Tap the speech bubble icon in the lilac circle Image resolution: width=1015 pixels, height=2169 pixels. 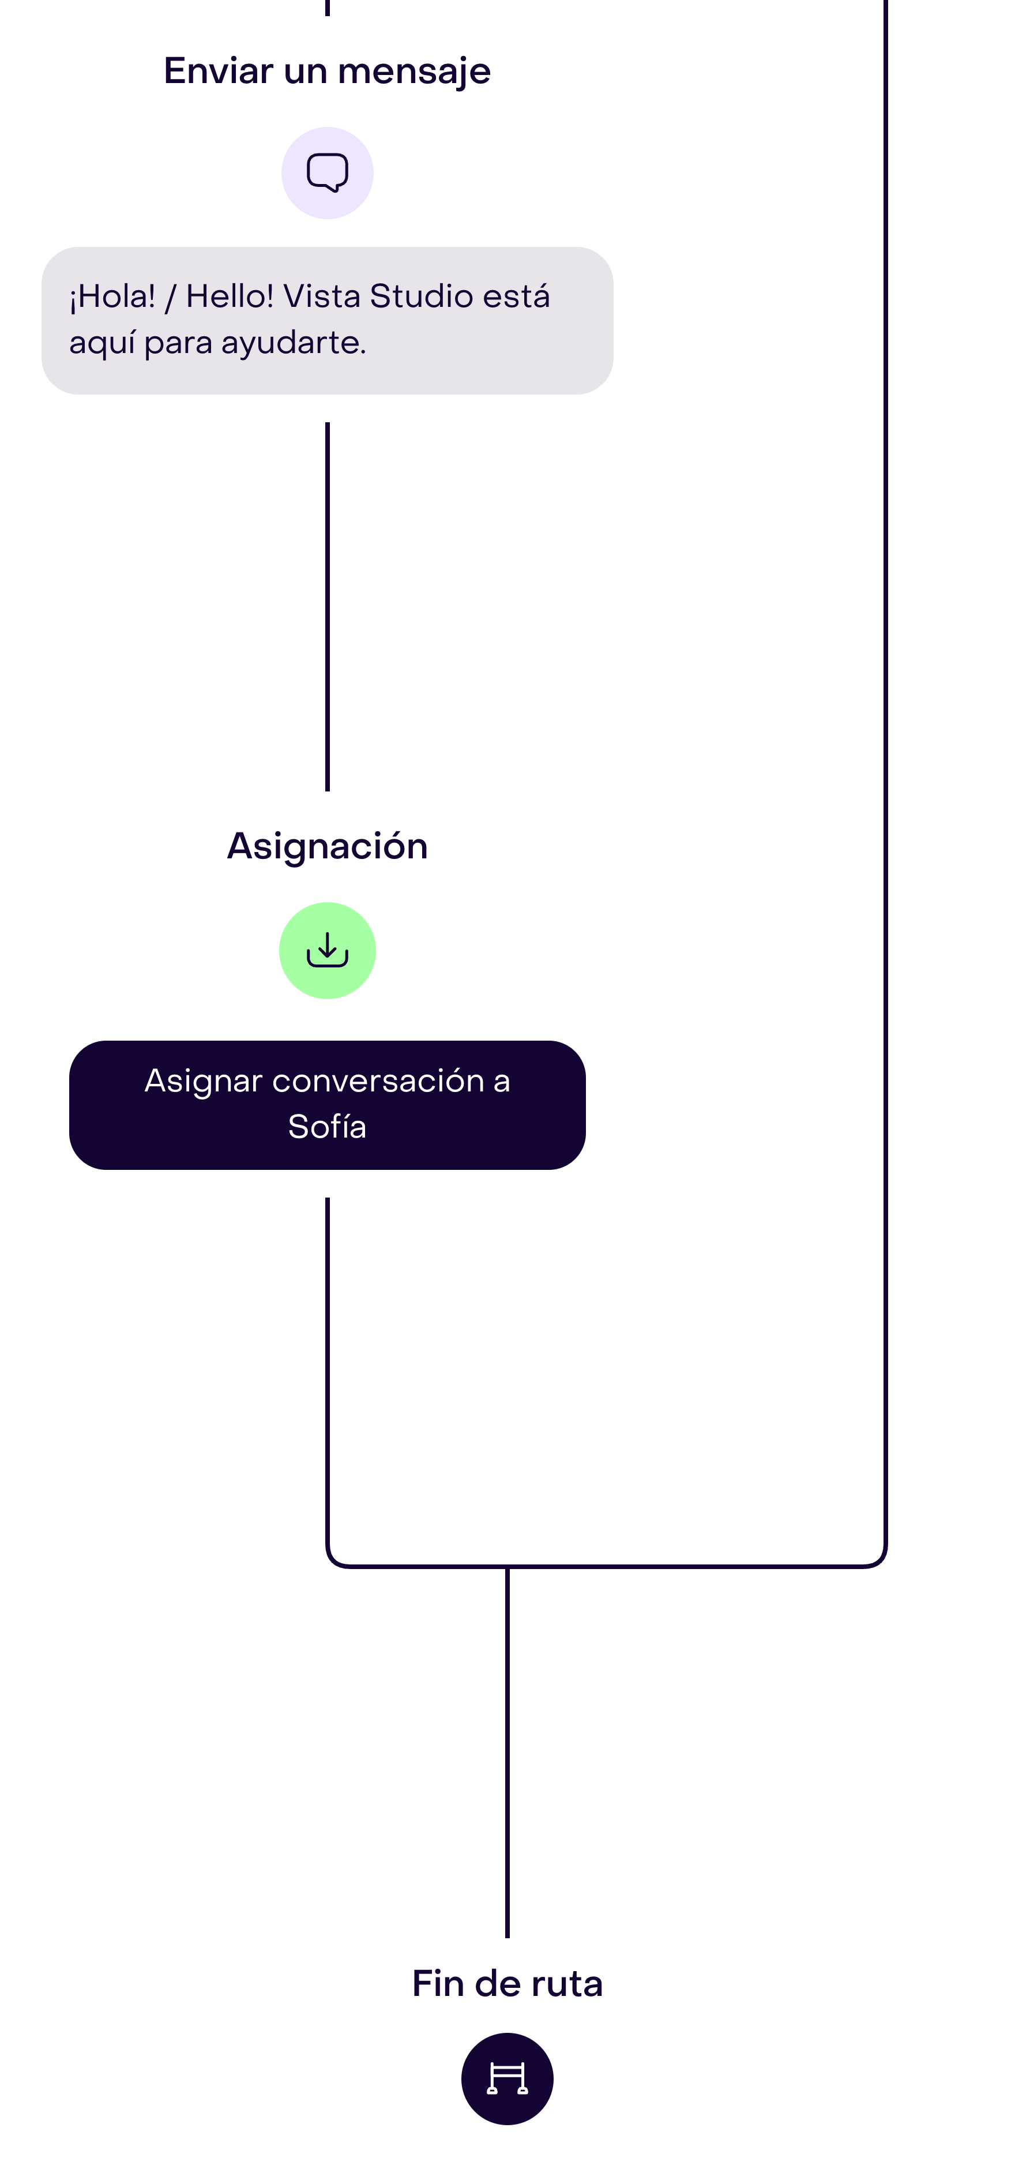click(328, 172)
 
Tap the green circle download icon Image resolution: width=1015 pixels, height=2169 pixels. click(328, 951)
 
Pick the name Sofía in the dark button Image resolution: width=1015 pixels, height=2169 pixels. click(328, 1127)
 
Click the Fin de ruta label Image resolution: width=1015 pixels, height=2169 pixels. click(507, 1984)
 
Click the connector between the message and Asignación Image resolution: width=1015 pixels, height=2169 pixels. click(328, 606)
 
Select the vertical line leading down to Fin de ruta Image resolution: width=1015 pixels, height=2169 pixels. click(507, 1751)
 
